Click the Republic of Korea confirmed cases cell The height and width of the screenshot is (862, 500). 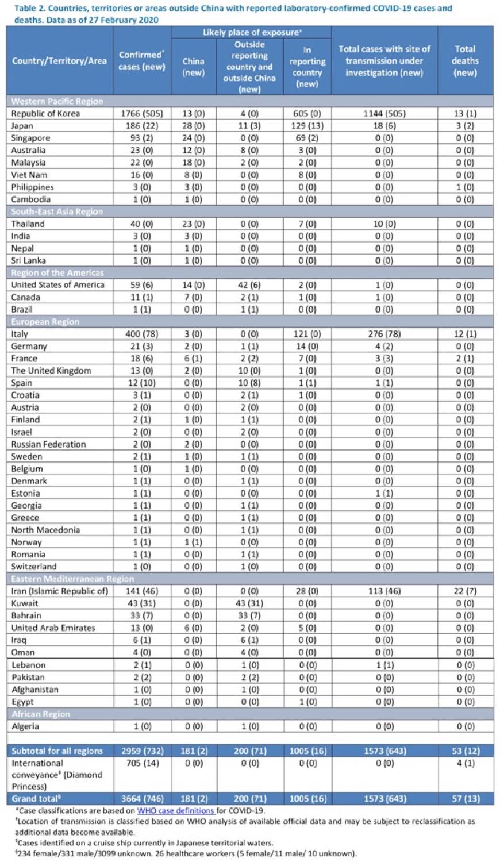[x=141, y=114]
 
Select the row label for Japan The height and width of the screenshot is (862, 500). [x=22, y=126]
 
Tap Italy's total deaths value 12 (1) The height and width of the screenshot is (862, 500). [x=465, y=334]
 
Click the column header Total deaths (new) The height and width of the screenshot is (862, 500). [x=465, y=61]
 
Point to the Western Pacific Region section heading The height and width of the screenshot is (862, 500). [x=57, y=101]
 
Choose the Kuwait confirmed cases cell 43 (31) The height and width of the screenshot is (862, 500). [x=141, y=603]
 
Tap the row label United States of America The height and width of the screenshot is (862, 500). [x=57, y=285]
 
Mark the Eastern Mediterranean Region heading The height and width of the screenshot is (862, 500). [x=72, y=579]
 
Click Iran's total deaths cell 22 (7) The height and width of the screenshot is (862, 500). [x=465, y=591]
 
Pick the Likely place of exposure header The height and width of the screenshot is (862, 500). [x=251, y=32]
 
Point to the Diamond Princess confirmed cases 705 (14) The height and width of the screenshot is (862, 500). [x=143, y=763]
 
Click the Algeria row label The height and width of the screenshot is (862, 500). [x=25, y=726]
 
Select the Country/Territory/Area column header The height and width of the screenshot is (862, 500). [x=59, y=61]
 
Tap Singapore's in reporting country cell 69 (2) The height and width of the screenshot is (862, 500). [x=307, y=138]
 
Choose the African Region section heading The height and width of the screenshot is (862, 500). [x=41, y=714]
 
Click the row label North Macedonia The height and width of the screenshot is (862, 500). [x=46, y=530]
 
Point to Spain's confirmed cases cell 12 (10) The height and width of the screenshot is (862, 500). [x=141, y=383]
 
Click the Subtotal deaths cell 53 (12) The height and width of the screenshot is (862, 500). [x=466, y=751]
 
